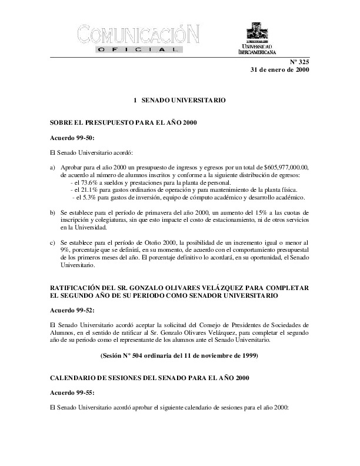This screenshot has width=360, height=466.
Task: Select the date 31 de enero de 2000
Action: coord(279,69)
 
